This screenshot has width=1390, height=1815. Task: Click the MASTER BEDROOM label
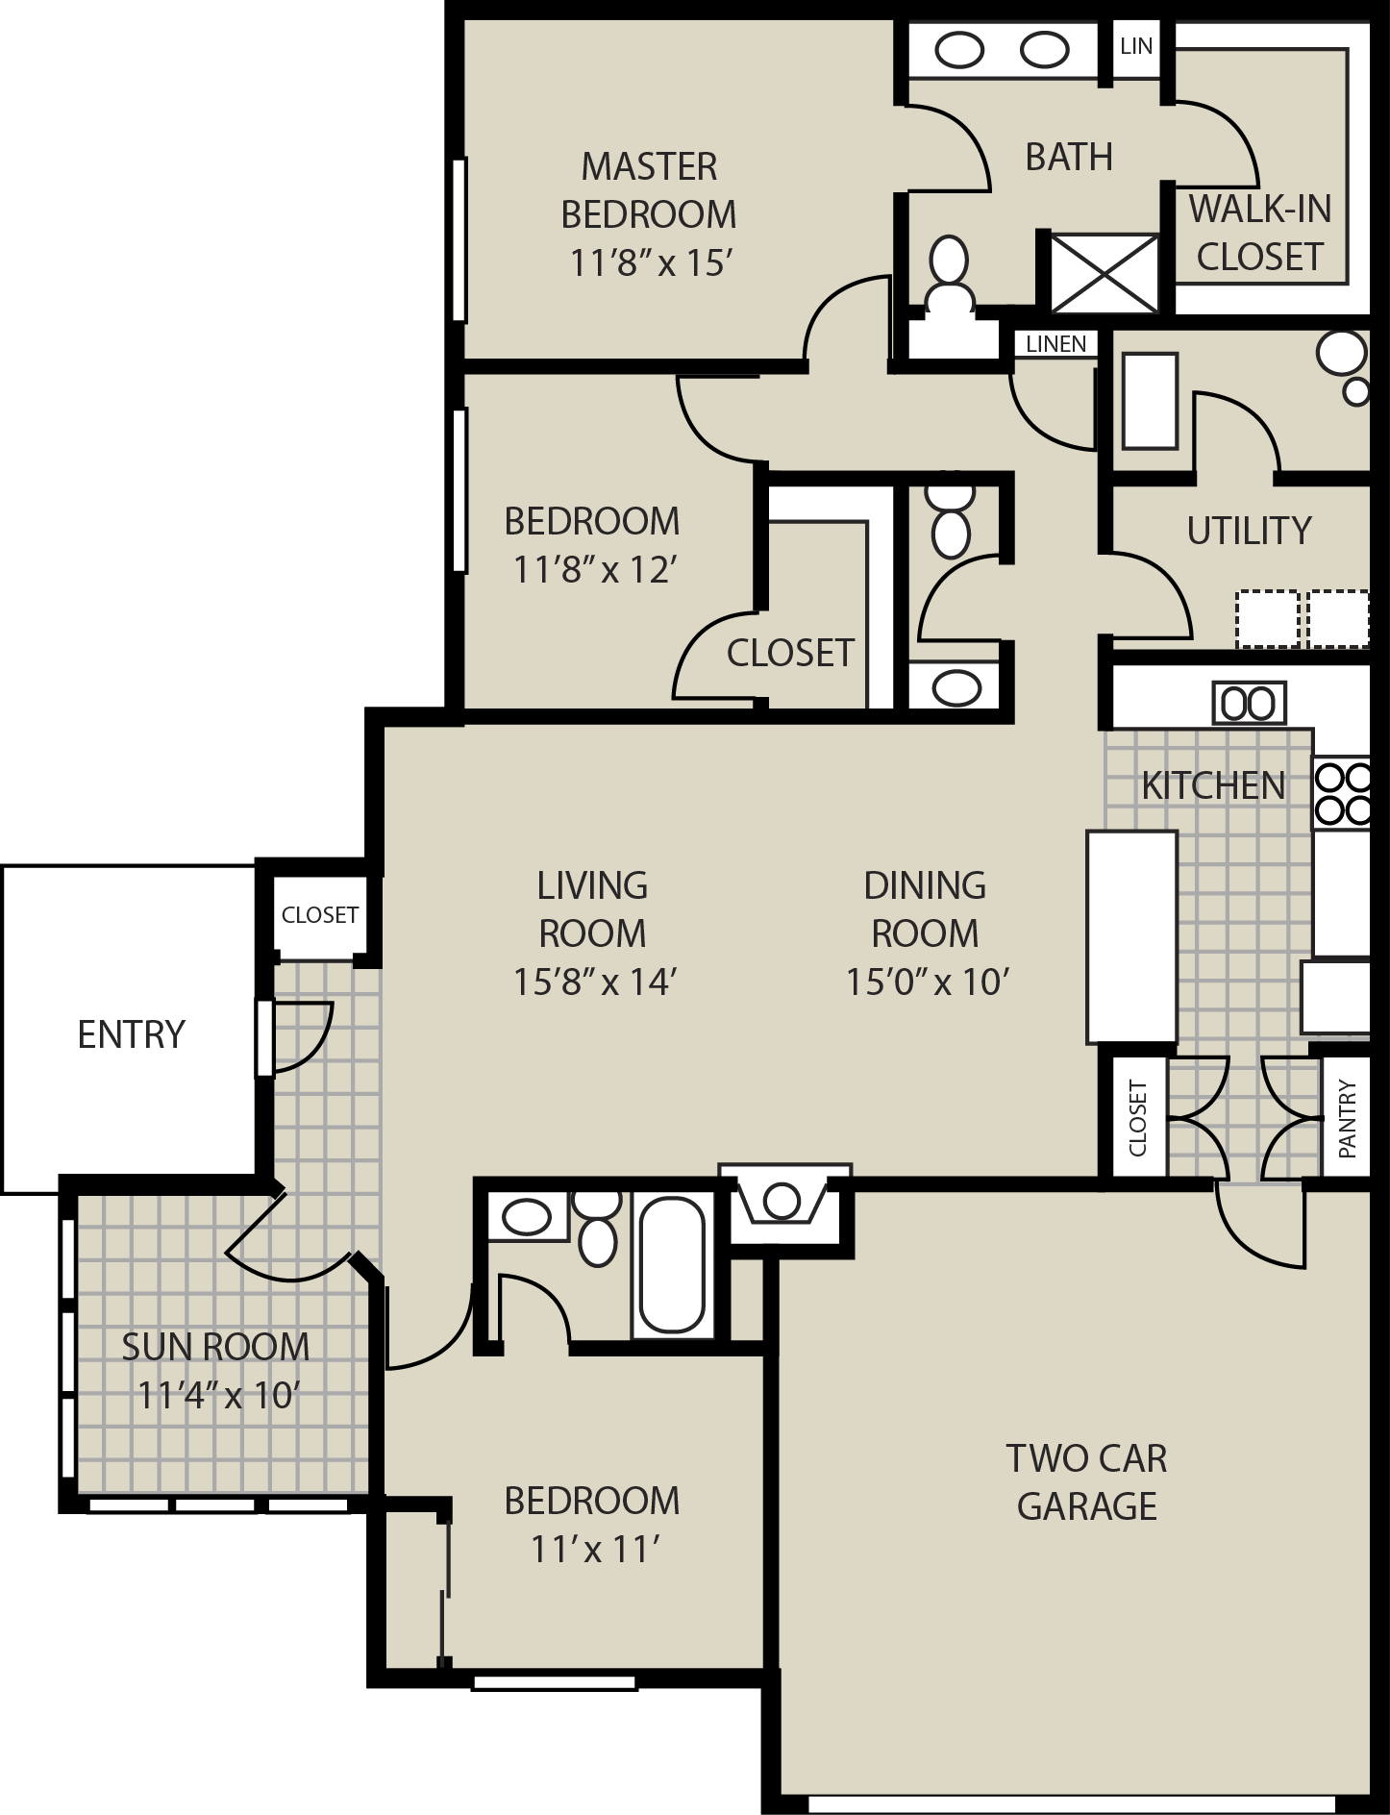coord(649,190)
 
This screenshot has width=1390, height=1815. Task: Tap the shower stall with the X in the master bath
coord(1105,273)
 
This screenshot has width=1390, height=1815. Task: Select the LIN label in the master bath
coord(1136,45)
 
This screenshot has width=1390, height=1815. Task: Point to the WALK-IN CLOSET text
coord(1260,233)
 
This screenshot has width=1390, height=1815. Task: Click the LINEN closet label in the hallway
coord(1056,344)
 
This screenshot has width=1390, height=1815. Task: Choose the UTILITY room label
coord(1249,531)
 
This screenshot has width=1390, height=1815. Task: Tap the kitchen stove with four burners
coord(1342,794)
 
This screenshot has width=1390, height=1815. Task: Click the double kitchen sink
coord(1249,704)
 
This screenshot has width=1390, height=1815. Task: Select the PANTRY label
coord(1346,1118)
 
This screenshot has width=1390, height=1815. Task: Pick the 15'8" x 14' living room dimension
coord(596,982)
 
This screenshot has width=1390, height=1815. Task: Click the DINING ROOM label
coord(925,909)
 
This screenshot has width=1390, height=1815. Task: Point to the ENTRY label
coord(131,1034)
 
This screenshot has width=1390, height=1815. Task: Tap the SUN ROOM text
coord(215,1347)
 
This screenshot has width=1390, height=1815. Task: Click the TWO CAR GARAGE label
coord(1087,1481)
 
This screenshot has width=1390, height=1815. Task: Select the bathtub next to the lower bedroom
coord(673,1265)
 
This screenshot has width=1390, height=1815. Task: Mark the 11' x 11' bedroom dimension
coord(594,1550)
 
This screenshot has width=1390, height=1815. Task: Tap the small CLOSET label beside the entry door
coord(319,915)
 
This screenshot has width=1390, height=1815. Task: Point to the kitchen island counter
coord(1132,936)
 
